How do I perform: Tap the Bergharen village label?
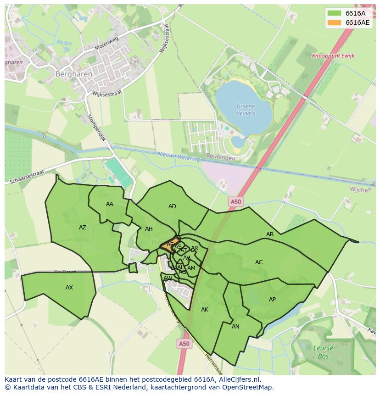coord(74,73)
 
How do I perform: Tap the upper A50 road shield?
coord(235,201)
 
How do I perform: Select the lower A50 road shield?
coord(184,343)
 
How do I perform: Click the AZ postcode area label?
coord(83,228)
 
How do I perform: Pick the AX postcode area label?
coord(69,288)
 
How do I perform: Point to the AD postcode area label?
coord(172,206)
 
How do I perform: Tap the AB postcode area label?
coord(270,234)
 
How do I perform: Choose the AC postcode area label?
coord(259,262)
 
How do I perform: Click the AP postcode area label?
coord(272,300)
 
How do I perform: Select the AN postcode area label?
coord(235,327)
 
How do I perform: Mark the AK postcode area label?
coord(205,310)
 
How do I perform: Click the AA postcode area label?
coord(110,204)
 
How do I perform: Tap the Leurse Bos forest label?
coord(323,351)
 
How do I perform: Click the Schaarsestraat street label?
coord(26,178)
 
